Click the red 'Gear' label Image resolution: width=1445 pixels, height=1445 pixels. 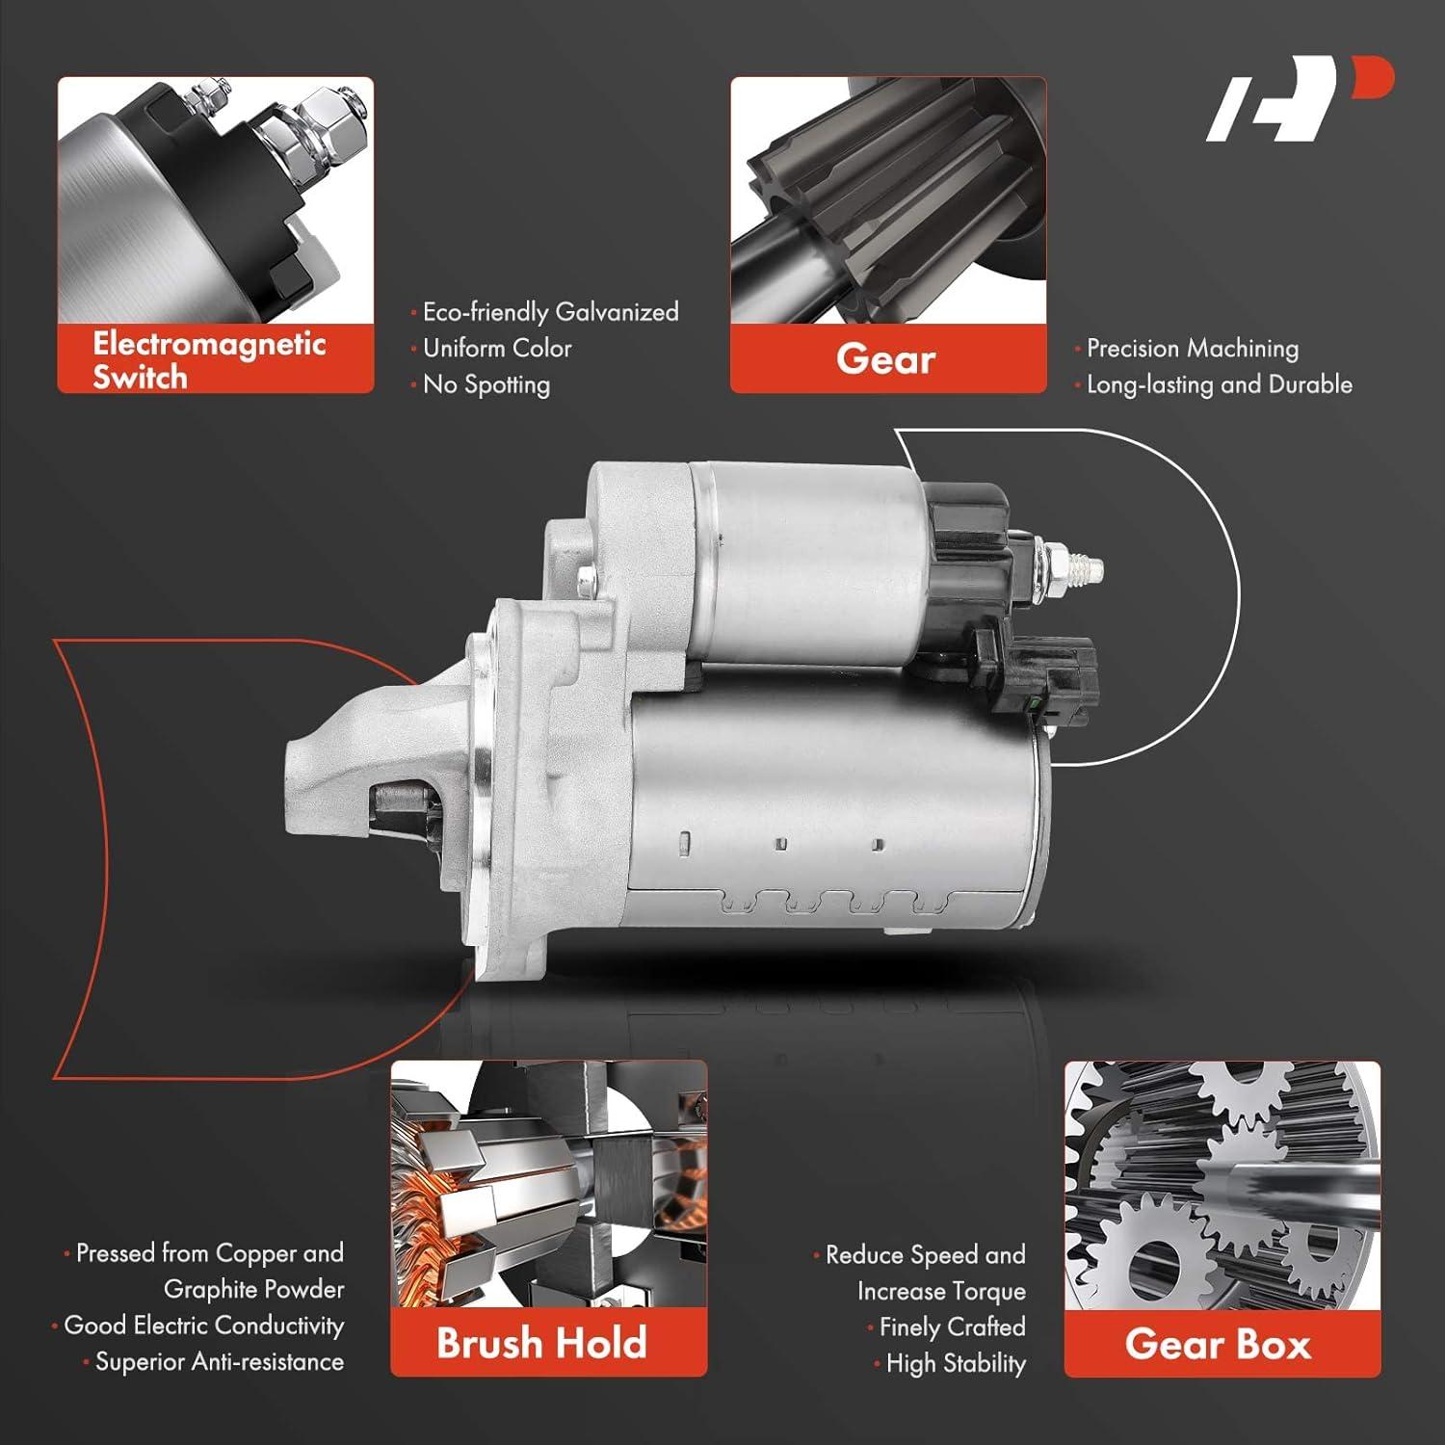[x=887, y=359]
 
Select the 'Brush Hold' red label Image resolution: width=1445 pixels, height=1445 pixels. [x=541, y=1343]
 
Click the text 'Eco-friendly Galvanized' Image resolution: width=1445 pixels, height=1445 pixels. [x=550, y=312]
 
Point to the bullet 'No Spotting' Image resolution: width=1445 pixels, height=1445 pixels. [x=486, y=384]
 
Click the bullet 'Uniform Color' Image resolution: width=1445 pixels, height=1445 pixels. [x=497, y=348]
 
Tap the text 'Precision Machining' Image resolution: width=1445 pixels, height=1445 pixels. [x=1192, y=348]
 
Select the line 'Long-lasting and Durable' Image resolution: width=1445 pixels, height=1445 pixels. [x=1219, y=384]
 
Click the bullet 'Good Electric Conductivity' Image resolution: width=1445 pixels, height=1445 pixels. [x=203, y=1326]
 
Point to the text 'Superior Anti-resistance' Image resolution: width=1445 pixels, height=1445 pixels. [x=219, y=1361]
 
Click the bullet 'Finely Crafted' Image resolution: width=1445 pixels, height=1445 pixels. [x=952, y=1327]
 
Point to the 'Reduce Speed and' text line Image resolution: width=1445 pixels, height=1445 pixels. [x=925, y=1255]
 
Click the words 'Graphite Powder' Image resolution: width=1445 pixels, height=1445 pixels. [x=254, y=1289]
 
